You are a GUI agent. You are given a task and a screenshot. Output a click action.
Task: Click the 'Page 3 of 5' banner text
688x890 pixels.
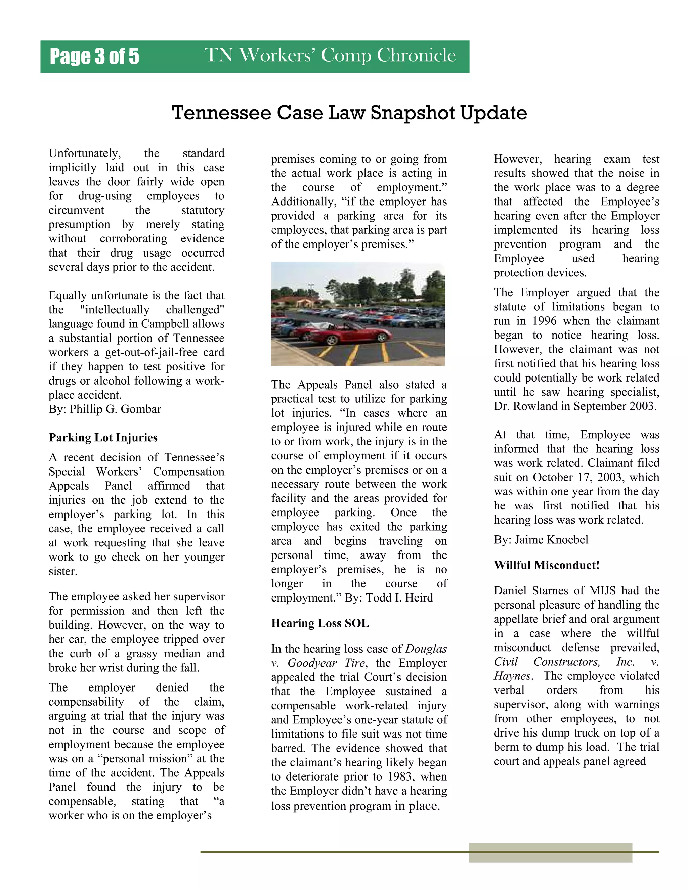(x=94, y=57)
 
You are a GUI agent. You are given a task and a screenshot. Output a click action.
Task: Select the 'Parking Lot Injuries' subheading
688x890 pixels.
(x=103, y=437)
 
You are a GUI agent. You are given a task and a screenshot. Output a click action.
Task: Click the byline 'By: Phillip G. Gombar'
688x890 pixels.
(x=105, y=409)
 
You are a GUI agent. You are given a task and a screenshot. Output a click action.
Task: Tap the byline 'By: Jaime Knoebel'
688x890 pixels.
(x=541, y=540)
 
